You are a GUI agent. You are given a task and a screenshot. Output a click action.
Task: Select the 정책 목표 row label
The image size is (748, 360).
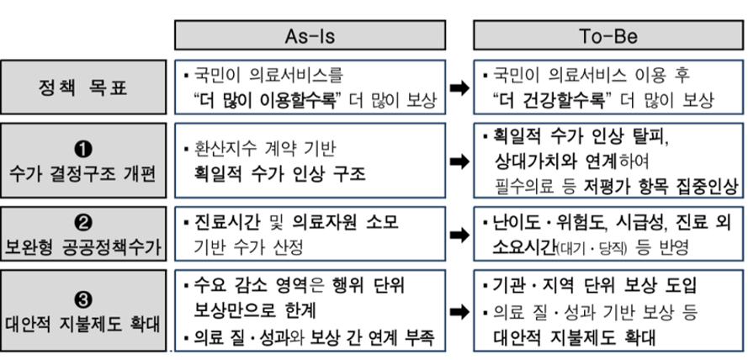pos(83,87)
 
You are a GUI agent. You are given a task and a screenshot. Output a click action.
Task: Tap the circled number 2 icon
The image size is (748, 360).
pos(83,223)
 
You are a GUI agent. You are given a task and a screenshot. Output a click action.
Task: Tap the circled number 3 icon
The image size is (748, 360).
pos(83,297)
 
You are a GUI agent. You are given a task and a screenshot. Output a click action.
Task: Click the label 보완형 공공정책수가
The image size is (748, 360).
pos(83,249)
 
